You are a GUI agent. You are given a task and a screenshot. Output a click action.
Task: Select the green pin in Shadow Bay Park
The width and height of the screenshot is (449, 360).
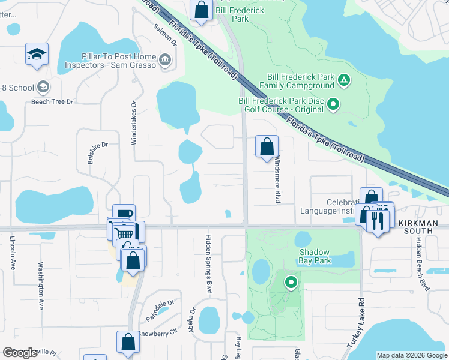tap(291, 281)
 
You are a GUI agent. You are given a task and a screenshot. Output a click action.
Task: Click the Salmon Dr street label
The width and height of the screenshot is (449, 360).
tap(165, 35)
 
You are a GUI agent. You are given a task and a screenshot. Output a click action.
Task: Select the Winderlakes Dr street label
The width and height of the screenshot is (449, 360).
tap(134, 121)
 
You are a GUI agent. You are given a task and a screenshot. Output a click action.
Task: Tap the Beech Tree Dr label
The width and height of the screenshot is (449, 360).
tap(52, 102)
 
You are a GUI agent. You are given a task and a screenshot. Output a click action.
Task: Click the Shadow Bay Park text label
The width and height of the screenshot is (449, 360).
tap(315, 256)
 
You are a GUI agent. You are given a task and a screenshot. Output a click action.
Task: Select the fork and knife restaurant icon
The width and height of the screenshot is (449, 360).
tap(378, 220)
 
